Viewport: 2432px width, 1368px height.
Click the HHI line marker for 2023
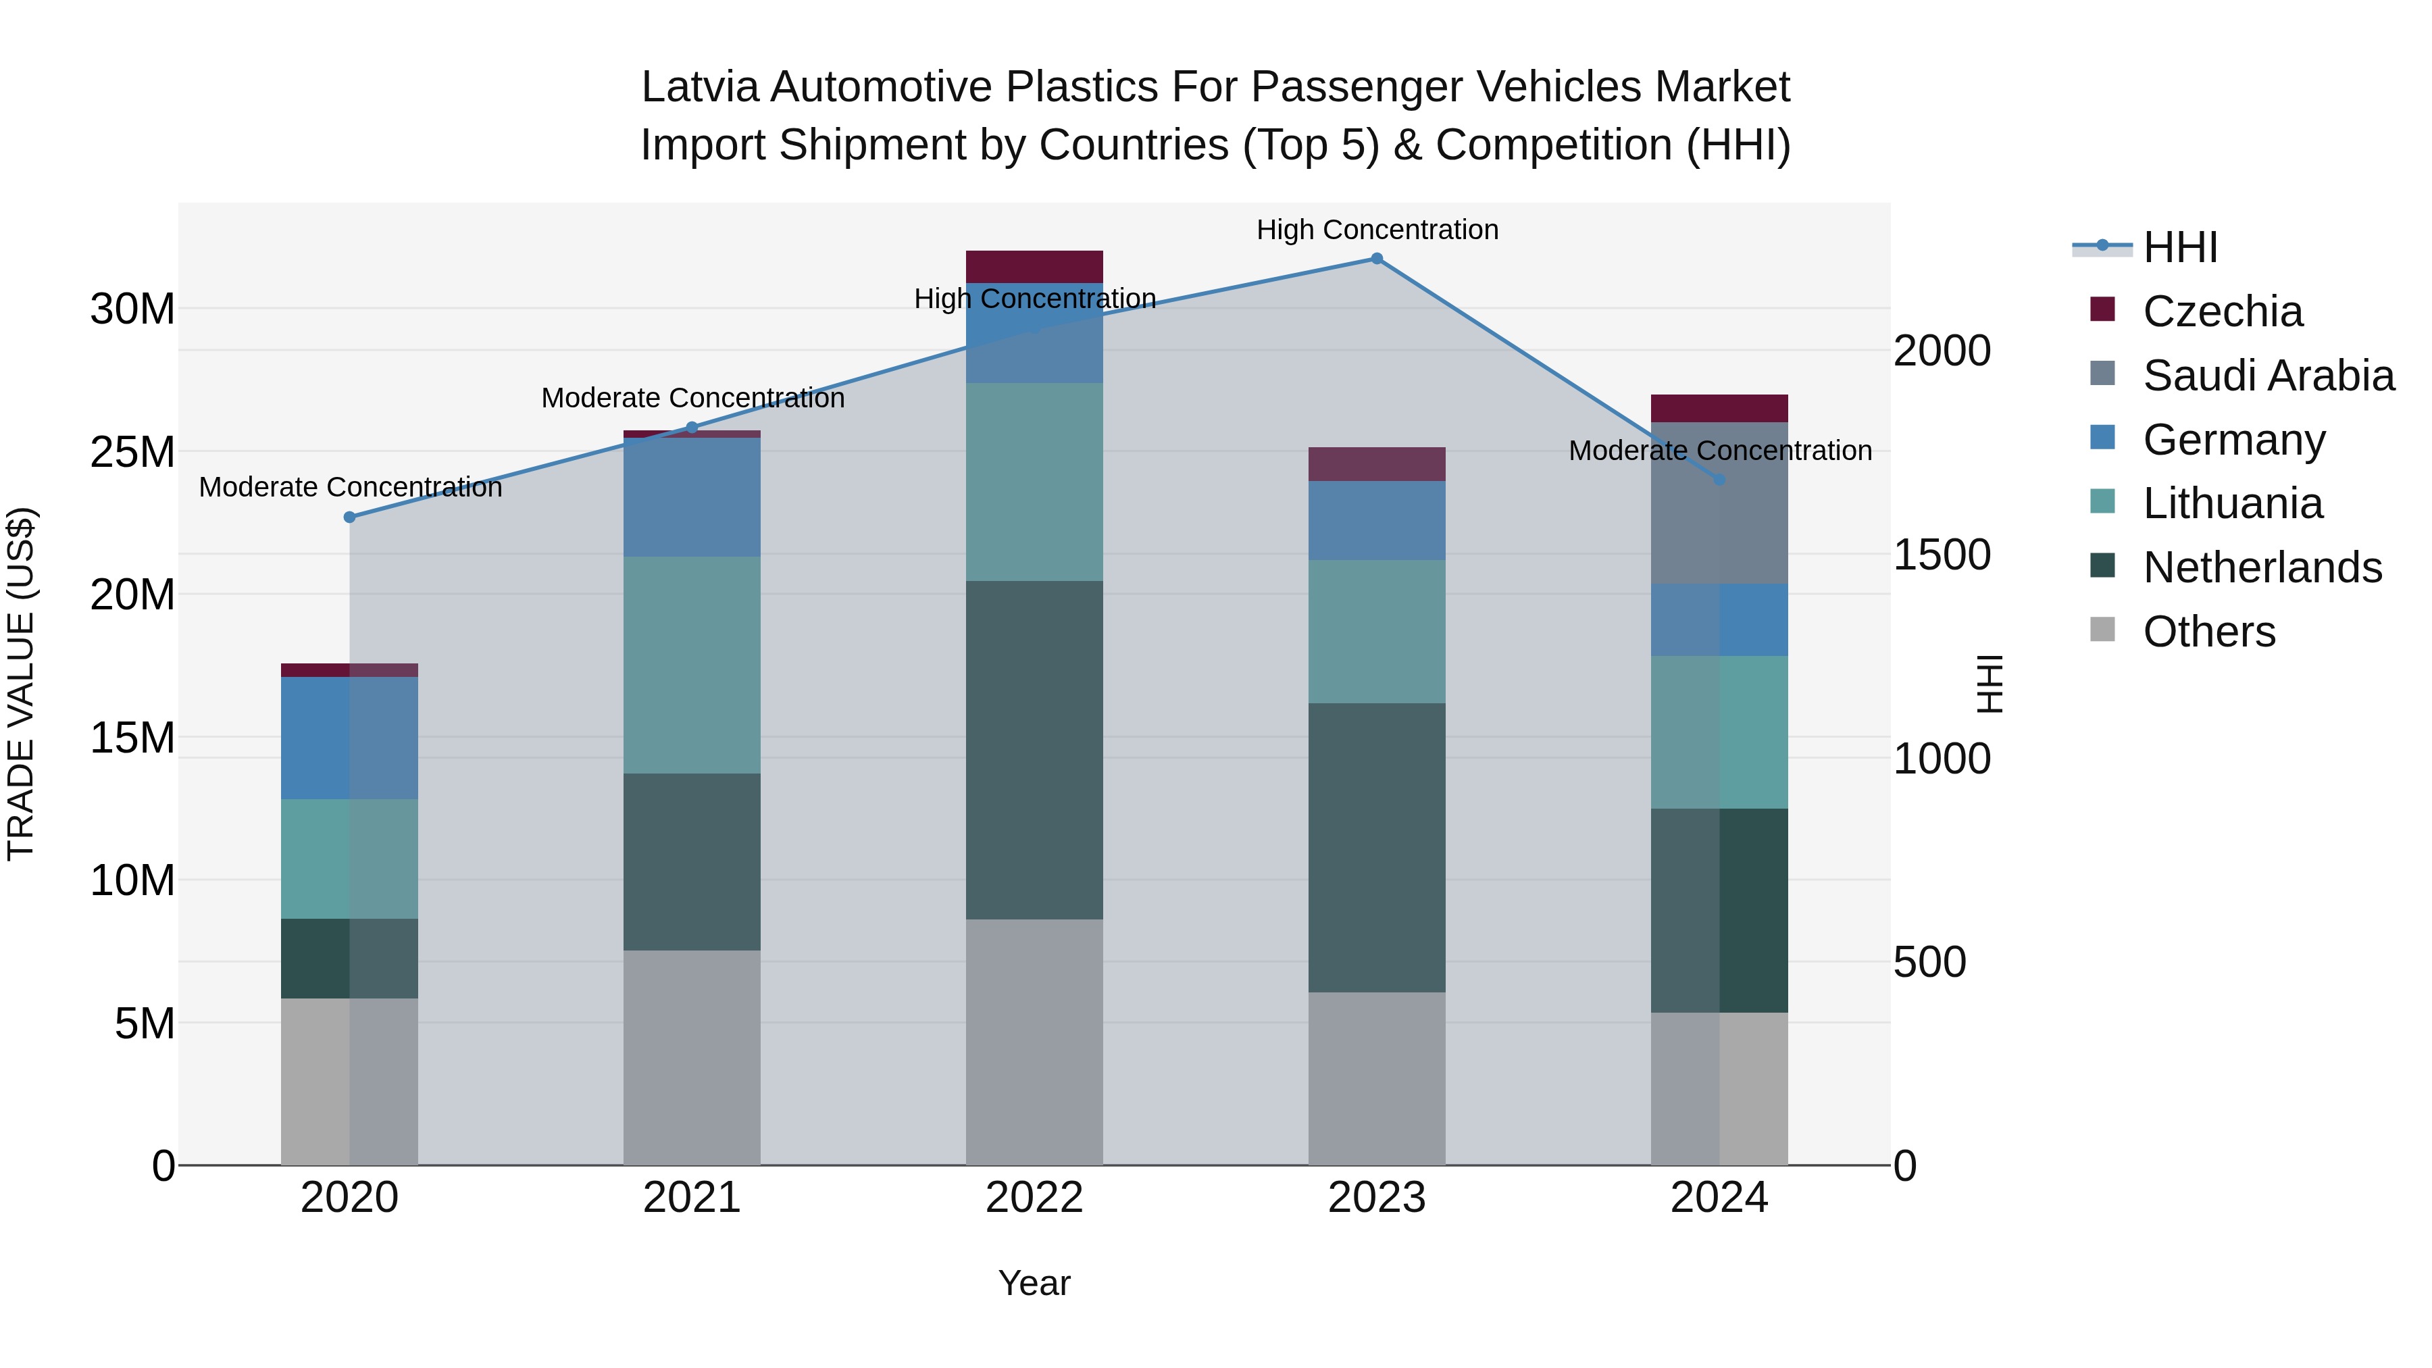(1377, 259)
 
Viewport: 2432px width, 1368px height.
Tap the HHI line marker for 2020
(349, 517)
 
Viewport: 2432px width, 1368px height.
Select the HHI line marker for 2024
(1719, 480)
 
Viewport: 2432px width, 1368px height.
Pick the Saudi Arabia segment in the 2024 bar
(1719, 503)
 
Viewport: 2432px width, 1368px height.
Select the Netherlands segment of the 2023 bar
(1377, 847)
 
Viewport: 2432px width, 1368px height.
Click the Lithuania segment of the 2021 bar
(692, 665)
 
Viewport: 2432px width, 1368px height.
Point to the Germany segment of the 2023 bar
(1377, 520)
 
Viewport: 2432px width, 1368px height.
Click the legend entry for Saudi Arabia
(2268, 376)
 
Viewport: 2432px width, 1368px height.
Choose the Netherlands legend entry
(2262, 567)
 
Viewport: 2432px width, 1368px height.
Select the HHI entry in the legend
(2179, 247)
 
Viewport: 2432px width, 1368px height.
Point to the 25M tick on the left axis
(132, 452)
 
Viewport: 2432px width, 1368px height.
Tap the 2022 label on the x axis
(1034, 1198)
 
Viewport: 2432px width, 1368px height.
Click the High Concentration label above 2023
(1377, 230)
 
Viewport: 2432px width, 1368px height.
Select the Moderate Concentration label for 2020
(350, 487)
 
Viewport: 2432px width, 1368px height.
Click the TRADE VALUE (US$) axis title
(21, 684)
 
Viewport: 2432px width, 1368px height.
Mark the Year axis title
(1034, 1283)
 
